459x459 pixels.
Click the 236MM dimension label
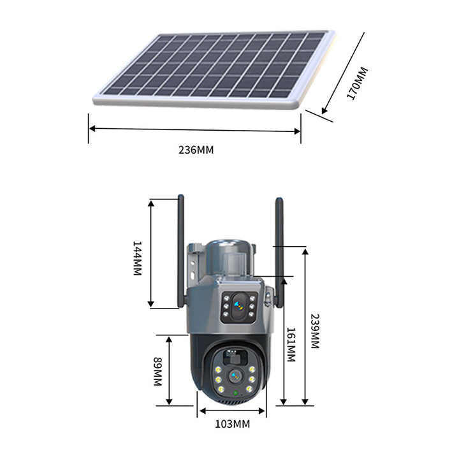click(x=196, y=150)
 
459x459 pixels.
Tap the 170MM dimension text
click(x=358, y=83)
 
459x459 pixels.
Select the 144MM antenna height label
click(x=137, y=258)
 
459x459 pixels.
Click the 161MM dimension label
click(x=290, y=345)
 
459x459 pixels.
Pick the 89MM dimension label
click(x=157, y=372)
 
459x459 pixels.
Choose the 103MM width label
click(x=232, y=423)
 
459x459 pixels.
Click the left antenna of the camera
click(x=180, y=249)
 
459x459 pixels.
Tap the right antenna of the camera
click(x=279, y=249)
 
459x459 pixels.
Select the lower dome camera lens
click(x=234, y=377)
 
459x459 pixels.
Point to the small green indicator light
click(x=236, y=393)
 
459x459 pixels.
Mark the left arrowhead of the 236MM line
click(x=92, y=129)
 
